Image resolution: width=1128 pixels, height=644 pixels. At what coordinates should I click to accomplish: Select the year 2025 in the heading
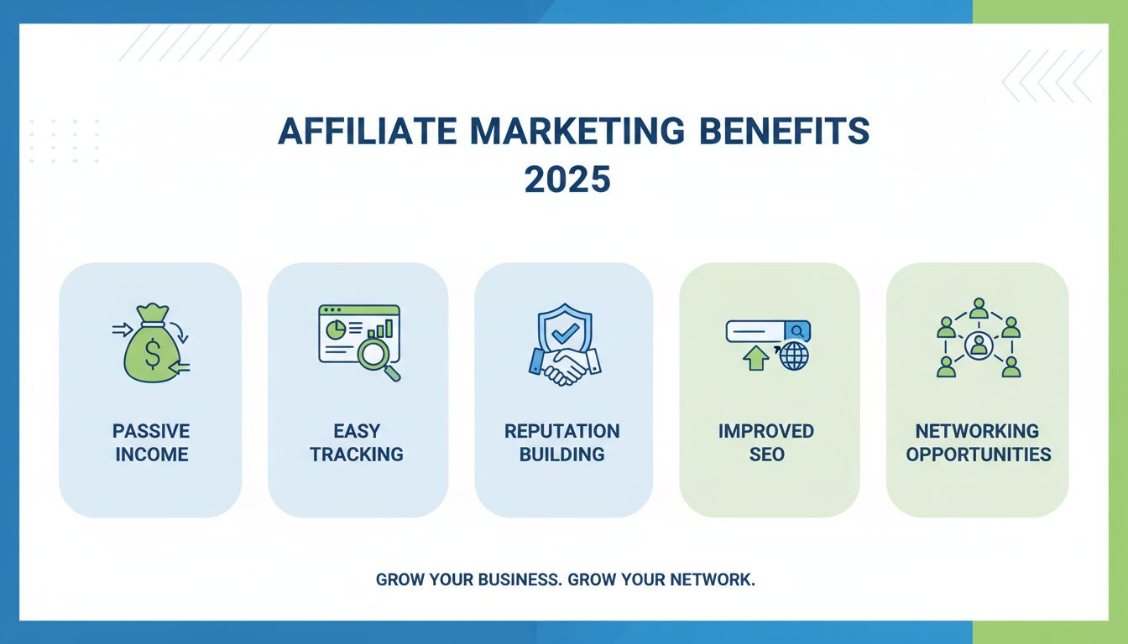pos(567,179)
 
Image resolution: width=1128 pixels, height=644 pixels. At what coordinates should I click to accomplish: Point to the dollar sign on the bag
pos(152,356)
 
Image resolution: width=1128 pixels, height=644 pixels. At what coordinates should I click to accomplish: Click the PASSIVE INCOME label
pos(151,443)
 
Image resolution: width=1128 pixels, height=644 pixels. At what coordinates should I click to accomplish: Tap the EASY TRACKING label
pos(357,443)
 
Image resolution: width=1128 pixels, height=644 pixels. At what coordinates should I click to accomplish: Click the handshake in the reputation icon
pos(563,366)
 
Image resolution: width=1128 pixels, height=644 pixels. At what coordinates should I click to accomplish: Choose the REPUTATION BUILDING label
pos(562,443)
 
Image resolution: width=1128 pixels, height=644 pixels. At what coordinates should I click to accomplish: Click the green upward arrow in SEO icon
pos(755,357)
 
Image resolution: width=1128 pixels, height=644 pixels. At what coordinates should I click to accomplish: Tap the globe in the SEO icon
pos(793,356)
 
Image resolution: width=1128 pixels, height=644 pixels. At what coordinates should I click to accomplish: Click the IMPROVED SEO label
pos(766,443)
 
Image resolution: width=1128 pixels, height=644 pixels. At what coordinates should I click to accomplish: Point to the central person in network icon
pos(978,344)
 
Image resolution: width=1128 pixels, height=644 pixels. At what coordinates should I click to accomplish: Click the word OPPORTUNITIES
pos(979,454)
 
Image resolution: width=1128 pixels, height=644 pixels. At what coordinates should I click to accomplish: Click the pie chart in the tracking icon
pos(336,327)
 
